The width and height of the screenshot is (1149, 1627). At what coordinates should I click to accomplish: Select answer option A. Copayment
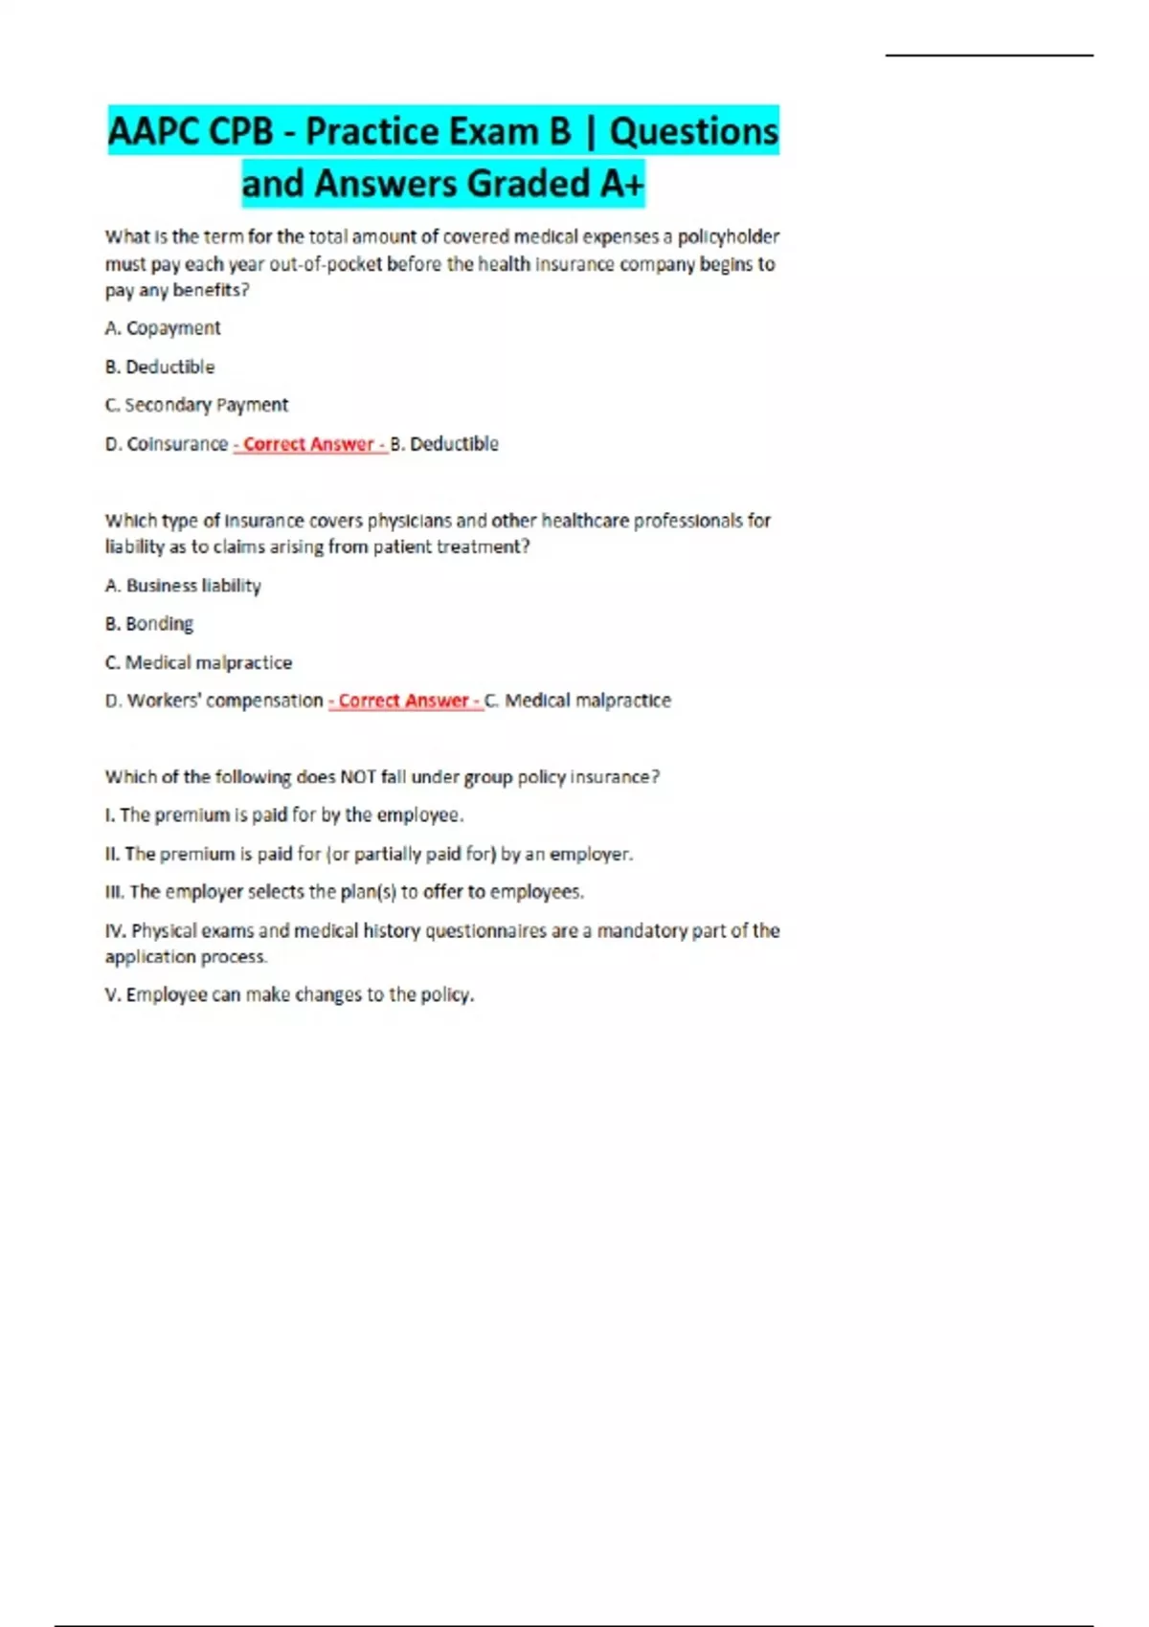pos(163,328)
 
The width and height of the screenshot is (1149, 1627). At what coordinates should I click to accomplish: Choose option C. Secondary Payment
pos(196,405)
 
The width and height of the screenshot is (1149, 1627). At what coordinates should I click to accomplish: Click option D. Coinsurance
pos(167,444)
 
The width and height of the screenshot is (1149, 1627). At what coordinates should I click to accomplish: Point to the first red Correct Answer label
pos(309,444)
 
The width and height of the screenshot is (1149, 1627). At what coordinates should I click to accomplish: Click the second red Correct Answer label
pos(405,701)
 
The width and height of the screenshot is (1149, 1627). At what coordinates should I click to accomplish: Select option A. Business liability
pos(183,586)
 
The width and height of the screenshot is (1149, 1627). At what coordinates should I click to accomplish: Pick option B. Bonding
pos(149,624)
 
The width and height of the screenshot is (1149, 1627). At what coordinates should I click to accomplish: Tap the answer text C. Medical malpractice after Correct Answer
pos(578,701)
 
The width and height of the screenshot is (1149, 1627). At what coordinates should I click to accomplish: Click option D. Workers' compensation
pos(214,701)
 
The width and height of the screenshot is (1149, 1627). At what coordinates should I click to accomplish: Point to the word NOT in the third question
pos(357,777)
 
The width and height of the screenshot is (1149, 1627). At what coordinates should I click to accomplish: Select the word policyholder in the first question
pos(729,236)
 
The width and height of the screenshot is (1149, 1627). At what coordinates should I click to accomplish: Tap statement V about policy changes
pos(289,995)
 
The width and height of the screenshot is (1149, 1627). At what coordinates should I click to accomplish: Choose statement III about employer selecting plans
pos(344,892)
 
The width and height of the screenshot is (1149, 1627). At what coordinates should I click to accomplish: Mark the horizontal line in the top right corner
pos(989,56)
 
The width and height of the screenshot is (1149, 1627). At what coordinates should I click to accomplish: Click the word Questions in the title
pos(693,131)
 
